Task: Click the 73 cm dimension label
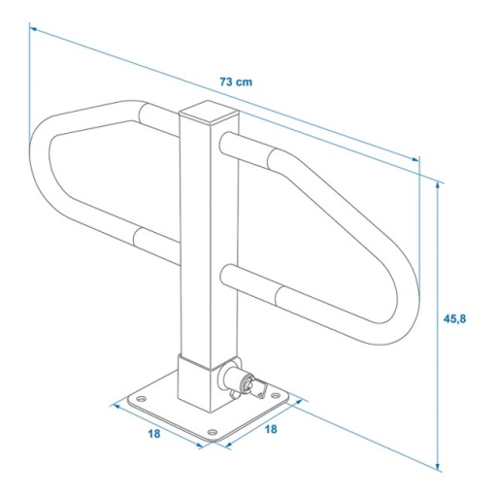pyautogui.click(x=236, y=82)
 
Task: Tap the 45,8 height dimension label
pyautogui.click(x=454, y=319)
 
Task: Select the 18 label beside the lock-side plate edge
pyautogui.click(x=271, y=429)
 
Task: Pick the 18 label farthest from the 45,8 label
pyautogui.click(x=154, y=434)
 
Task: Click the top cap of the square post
pyautogui.click(x=209, y=113)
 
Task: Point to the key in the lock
pyautogui.click(x=257, y=389)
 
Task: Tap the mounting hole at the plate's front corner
pyautogui.click(x=213, y=432)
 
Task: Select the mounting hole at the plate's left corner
pyautogui.click(x=141, y=397)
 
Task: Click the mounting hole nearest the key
pyautogui.click(x=275, y=395)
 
